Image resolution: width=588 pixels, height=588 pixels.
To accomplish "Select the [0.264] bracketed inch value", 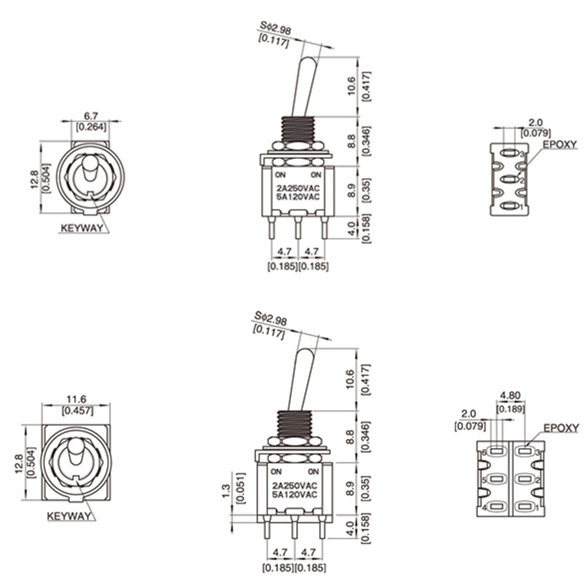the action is (x=91, y=127).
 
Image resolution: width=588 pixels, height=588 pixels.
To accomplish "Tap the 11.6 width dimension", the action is (x=76, y=399).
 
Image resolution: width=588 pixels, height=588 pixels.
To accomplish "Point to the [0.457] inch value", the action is (x=77, y=410).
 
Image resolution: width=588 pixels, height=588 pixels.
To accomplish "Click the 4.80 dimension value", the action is (x=510, y=396).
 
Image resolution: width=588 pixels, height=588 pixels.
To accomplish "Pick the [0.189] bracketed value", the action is (x=510, y=409).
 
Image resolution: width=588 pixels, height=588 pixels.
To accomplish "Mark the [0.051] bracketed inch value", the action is (x=239, y=488).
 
